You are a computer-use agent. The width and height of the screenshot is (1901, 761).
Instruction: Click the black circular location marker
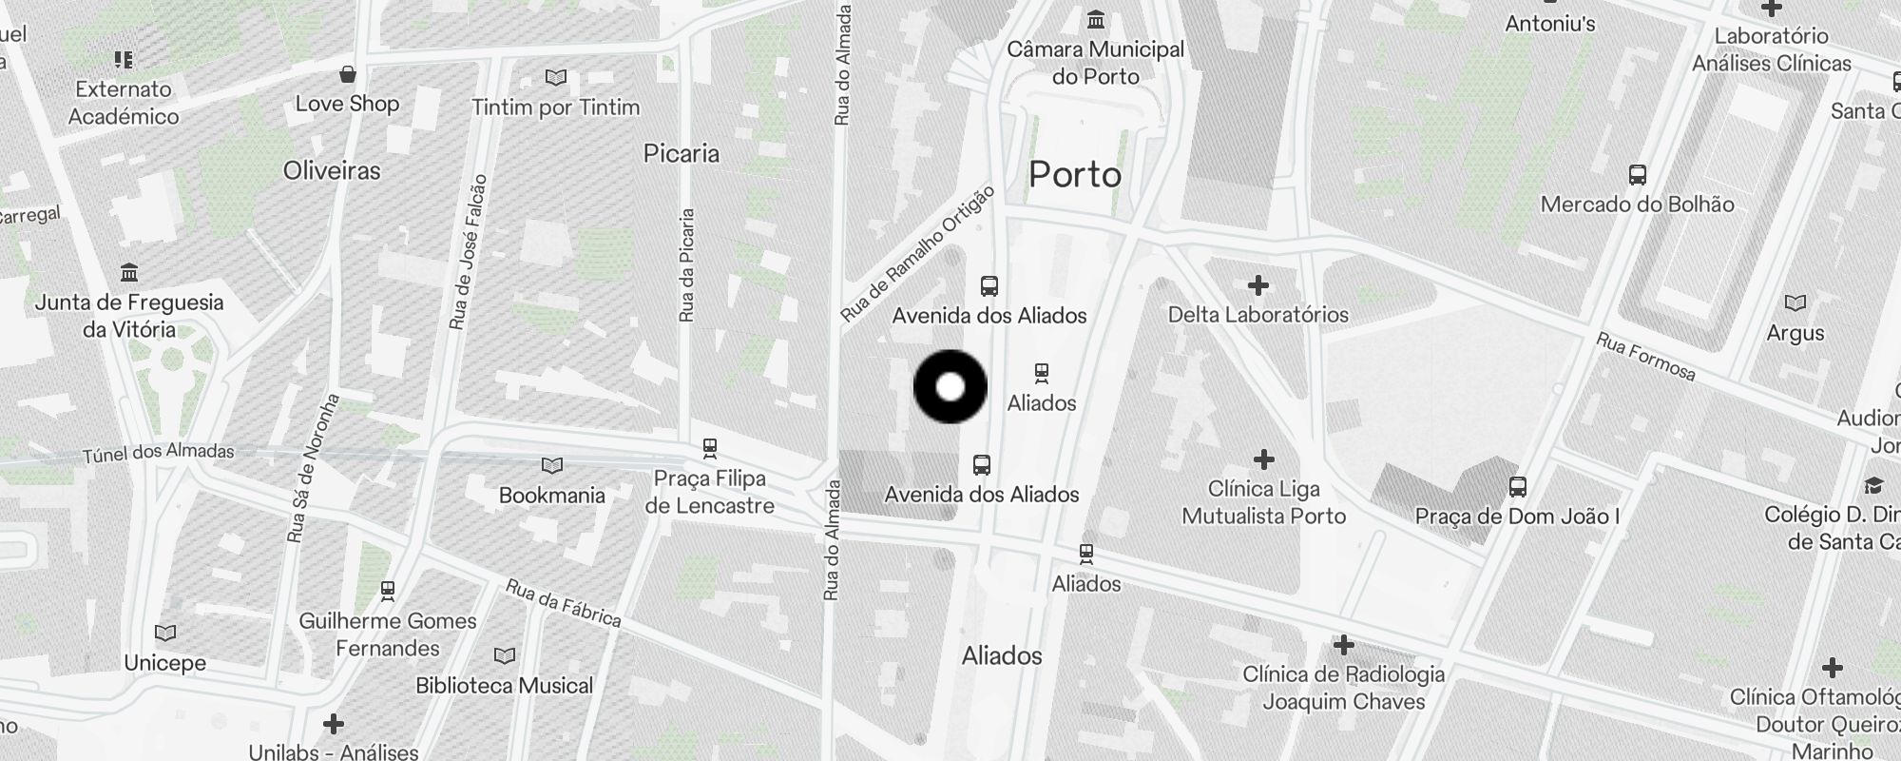click(950, 387)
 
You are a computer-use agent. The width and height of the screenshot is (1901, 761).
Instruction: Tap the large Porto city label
click(1075, 175)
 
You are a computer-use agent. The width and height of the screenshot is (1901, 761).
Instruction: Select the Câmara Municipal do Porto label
click(1095, 63)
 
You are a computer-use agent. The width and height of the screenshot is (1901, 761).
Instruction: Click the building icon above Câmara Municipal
click(1096, 19)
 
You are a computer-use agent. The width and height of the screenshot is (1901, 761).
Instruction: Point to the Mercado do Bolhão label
click(1637, 204)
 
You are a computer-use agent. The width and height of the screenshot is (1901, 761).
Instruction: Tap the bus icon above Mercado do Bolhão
click(1637, 175)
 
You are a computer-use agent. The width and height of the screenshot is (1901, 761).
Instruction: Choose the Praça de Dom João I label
click(1517, 517)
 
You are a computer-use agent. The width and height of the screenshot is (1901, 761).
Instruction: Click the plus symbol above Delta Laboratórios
click(1258, 285)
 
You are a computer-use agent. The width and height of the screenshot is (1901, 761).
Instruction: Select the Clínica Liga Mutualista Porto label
click(1263, 502)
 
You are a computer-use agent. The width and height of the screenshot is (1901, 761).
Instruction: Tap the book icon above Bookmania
click(551, 466)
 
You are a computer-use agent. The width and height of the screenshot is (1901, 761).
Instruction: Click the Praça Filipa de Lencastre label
click(709, 492)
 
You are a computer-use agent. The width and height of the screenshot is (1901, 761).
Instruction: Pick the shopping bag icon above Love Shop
click(348, 74)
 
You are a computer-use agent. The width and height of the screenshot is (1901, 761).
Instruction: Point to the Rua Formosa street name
click(1644, 356)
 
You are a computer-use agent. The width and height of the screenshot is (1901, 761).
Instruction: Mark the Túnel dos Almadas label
click(158, 453)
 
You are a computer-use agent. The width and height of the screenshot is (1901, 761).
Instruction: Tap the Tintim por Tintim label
click(556, 107)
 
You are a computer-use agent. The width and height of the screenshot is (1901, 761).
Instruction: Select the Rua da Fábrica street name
click(563, 603)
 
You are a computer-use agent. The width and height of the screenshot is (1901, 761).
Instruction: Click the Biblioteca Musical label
click(504, 685)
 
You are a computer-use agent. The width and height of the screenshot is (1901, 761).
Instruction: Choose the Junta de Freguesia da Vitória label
click(129, 316)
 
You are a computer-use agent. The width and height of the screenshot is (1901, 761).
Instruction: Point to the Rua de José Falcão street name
click(469, 252)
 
